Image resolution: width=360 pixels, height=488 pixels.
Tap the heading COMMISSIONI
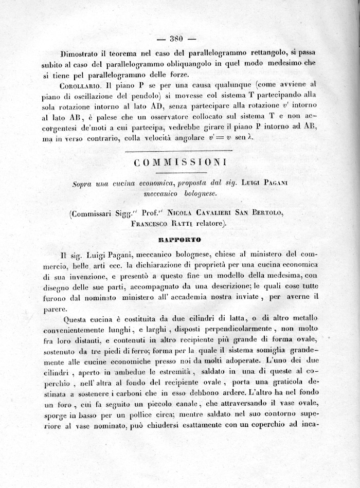[179, 163]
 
